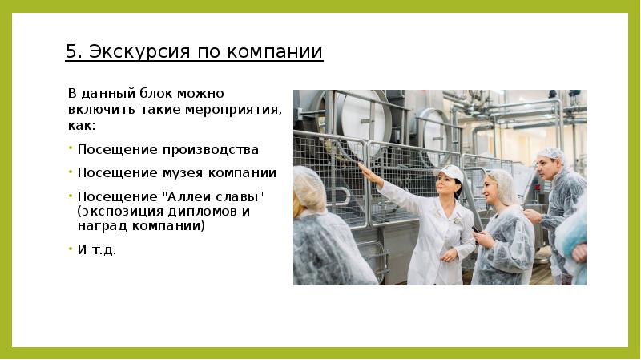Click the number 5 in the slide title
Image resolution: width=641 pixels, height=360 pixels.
pyautogui.click(x=71, y=53)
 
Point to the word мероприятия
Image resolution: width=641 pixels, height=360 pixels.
pyautogui.click(x=243, y=111)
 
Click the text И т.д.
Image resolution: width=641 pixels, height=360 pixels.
pyautogui.click(x=97, y=249)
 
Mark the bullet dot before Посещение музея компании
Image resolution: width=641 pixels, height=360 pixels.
pyautogui.click(x=71, y=171)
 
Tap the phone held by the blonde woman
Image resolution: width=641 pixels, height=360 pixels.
pyautogui.click(x=476, y=229)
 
